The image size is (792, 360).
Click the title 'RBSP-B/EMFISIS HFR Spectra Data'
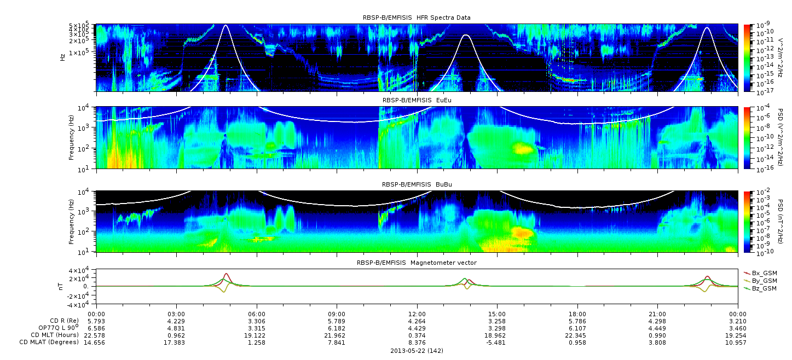click(x=417, y=18)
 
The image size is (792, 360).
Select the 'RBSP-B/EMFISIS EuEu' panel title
click(x=417, y=100)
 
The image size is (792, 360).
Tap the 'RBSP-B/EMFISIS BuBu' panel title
click(x=417, y=184)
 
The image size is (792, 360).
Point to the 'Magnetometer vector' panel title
click(x=443, y=263)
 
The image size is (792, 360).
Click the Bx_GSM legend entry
click(x=760, y=273)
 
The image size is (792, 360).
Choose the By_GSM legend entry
click(x=760, y=281)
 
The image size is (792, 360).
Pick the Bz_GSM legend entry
click(x=760, y=289)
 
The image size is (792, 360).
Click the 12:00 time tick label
click(x=417, y=314)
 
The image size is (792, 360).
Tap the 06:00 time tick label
click(x=257, y=314)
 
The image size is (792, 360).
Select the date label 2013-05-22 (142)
click(x=417, y=351)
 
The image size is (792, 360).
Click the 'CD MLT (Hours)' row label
click(x=54, y=335)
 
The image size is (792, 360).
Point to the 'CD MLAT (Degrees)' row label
click(x=49, y=342)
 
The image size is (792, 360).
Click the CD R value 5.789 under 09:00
click(x=337, y=321)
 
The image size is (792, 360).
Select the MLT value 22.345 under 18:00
click(x=577, y=335)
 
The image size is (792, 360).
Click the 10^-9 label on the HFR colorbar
click(x=762, y=25)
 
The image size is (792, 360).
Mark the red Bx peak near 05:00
click(x=226, y=274)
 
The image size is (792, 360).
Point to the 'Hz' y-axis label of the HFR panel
click(x=62, y=57)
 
